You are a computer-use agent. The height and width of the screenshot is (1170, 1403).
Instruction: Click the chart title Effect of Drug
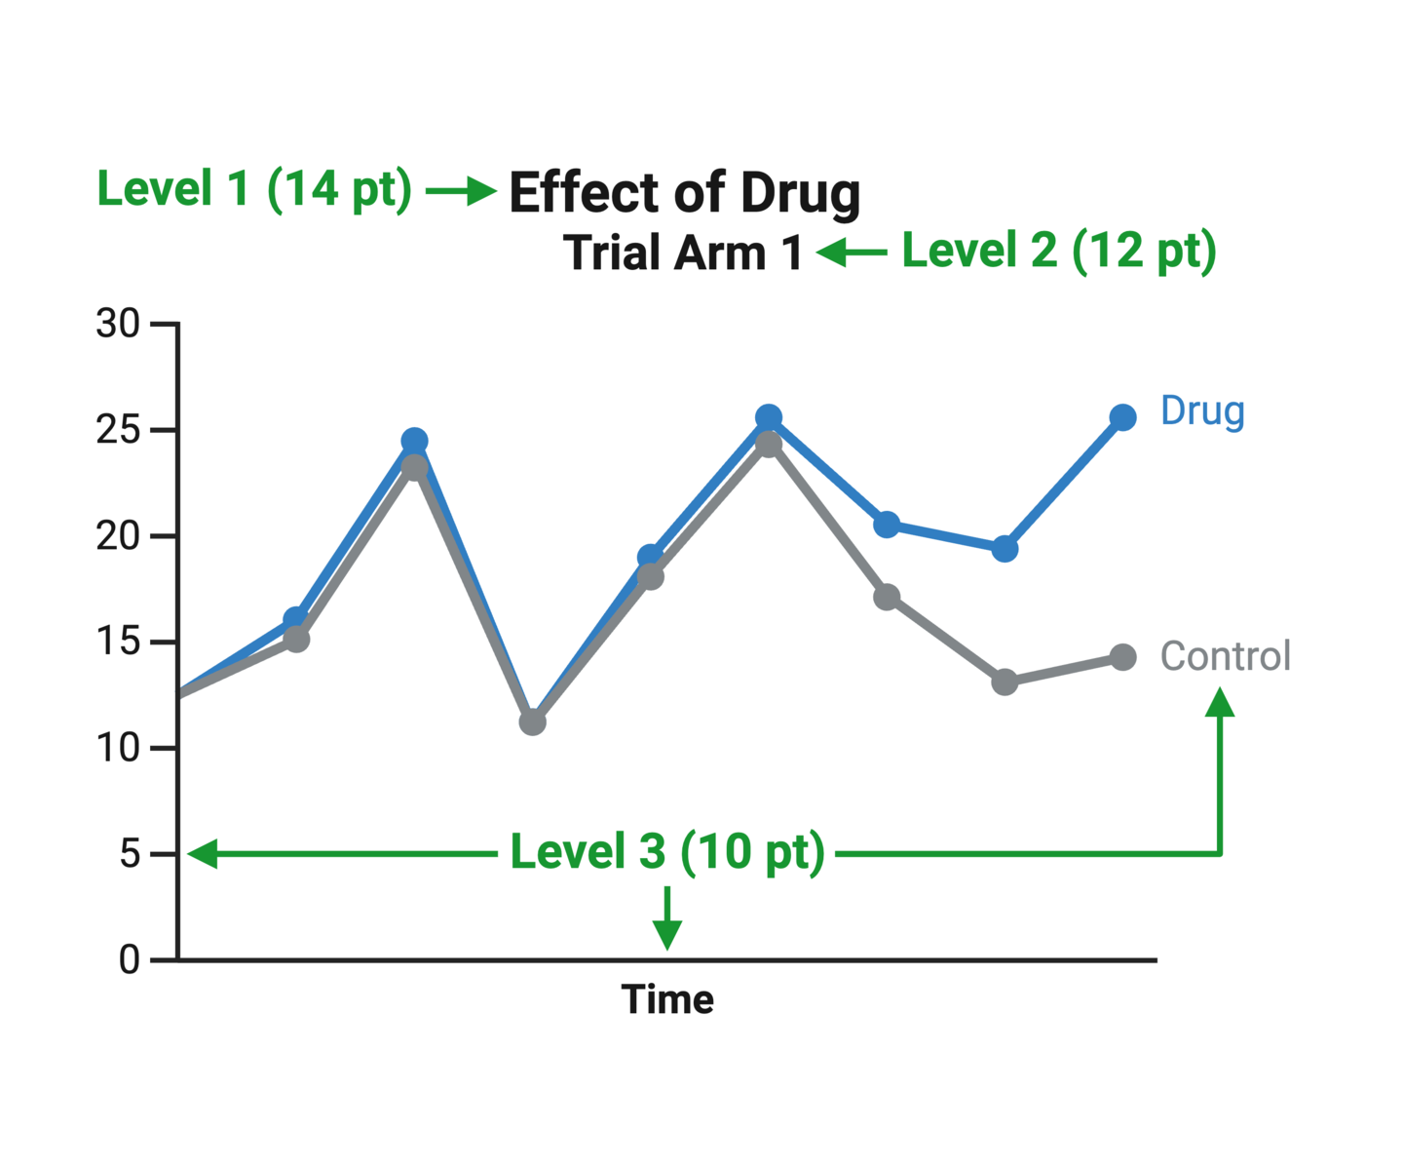coord(684,193)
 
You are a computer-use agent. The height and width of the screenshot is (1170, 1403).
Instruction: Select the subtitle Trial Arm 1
coord(682,253)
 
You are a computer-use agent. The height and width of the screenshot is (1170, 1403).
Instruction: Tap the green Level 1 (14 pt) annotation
coord(254,189)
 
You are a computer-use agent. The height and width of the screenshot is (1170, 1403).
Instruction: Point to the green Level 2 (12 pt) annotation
coord(1058,251)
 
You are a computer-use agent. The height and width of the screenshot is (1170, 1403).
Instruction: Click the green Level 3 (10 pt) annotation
coord(667,852)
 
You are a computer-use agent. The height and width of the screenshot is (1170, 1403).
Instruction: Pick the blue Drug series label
coord(1201,411)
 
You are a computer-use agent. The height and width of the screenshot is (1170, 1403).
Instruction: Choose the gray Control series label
coord(1225,656)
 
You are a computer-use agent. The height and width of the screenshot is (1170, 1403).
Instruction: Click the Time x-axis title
coord(667,1000)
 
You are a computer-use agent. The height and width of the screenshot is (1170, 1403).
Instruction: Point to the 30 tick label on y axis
coord(118,324)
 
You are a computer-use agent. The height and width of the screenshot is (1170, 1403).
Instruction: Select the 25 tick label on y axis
coord(118,430)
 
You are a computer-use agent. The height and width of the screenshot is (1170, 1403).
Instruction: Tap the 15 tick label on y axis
coord(118,643)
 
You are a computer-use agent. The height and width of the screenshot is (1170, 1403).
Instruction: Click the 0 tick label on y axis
coord(129,960)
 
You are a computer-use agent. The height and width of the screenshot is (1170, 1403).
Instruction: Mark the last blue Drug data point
coord(1122,417)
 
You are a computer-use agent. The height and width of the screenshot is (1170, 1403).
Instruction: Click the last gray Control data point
coord(1122,658)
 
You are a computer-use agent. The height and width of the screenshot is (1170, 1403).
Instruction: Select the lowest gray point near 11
coord(532,722)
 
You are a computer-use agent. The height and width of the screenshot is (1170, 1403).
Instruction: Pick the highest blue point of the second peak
coord(769,417)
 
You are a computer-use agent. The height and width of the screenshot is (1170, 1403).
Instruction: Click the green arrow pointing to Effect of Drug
coord(462,191)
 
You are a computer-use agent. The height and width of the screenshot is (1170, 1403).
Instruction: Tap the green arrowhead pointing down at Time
coord(667,936)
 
